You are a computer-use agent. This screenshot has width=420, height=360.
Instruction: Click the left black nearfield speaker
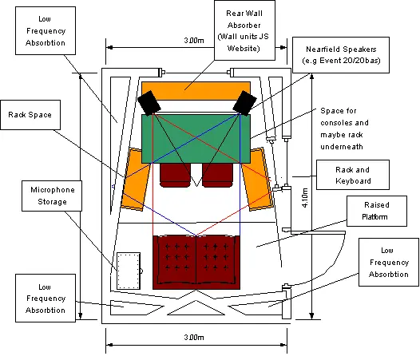149,102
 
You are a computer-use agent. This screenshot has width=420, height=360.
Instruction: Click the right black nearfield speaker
244,102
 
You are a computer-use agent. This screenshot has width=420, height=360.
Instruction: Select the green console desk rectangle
196,139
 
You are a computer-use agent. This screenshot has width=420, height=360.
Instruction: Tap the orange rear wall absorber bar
196,91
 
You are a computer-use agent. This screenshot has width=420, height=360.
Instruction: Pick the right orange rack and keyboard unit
258,179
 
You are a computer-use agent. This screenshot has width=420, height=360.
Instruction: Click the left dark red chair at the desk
175,176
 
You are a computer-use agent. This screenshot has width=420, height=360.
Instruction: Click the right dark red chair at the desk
217,176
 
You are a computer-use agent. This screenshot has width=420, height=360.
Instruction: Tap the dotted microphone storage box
129,271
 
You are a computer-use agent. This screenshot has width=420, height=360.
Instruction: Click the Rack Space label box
30,115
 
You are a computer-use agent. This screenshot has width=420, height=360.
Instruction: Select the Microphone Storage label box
52,196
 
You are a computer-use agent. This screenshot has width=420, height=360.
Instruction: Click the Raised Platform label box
377,211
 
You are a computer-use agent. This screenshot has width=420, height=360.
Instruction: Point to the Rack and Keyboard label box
353,175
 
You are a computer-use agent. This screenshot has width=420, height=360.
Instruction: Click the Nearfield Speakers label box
341,55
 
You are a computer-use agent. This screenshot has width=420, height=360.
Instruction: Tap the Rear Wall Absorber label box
244,30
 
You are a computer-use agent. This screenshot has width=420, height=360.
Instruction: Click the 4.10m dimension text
305,198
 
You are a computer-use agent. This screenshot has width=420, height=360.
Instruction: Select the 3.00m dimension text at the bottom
194,337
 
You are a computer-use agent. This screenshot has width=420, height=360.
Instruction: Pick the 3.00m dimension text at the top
194,41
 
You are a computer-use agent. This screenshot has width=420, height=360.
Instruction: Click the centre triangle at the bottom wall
196,308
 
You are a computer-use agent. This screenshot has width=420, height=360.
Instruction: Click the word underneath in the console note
342,147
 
